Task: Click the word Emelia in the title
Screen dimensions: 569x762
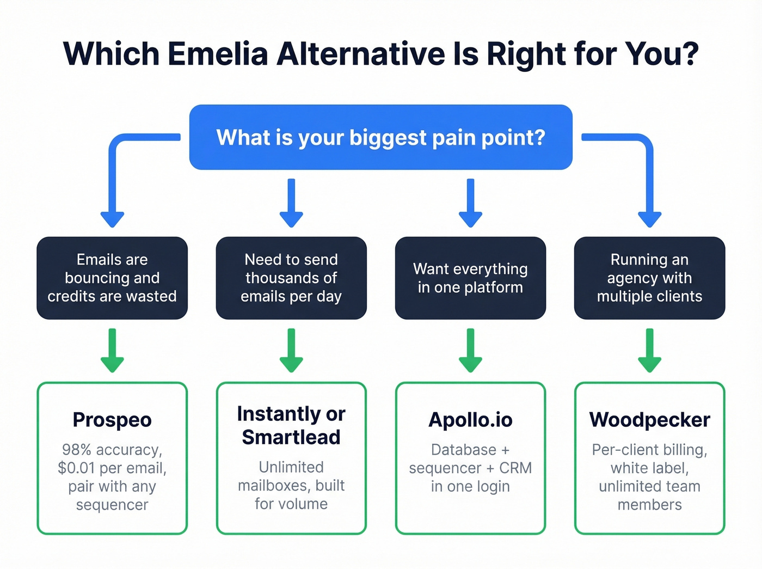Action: tap(218, 54)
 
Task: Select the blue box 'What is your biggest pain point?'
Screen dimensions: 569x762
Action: tap(380, 137)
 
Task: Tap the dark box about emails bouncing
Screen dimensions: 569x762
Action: tap(112, 278)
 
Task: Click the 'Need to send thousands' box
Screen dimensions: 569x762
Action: tap(291, 278)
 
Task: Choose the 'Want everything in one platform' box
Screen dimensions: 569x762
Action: tap(470, 278)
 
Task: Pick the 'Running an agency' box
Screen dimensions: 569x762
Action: tap(649, 278)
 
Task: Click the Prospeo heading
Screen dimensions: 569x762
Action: tap(112, 420)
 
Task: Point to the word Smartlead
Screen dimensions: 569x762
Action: tap(291, 437)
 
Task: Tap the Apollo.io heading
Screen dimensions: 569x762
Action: tap(470, 420)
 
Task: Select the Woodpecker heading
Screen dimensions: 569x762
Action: tap(649, 420)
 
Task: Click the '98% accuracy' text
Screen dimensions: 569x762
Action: tap(112, 450)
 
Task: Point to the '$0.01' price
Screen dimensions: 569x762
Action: tap(76, 468)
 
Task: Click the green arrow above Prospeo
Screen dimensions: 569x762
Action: tap(112, 351)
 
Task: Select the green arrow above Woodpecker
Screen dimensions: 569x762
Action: tap(649, 351)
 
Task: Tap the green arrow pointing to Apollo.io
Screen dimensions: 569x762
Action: tap(470, 351)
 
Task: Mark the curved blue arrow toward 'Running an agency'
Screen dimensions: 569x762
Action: tap(642, 174)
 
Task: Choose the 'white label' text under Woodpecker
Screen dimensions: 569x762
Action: tap(649, 468)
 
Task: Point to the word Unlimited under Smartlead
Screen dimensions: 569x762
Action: tap(291, 467)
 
